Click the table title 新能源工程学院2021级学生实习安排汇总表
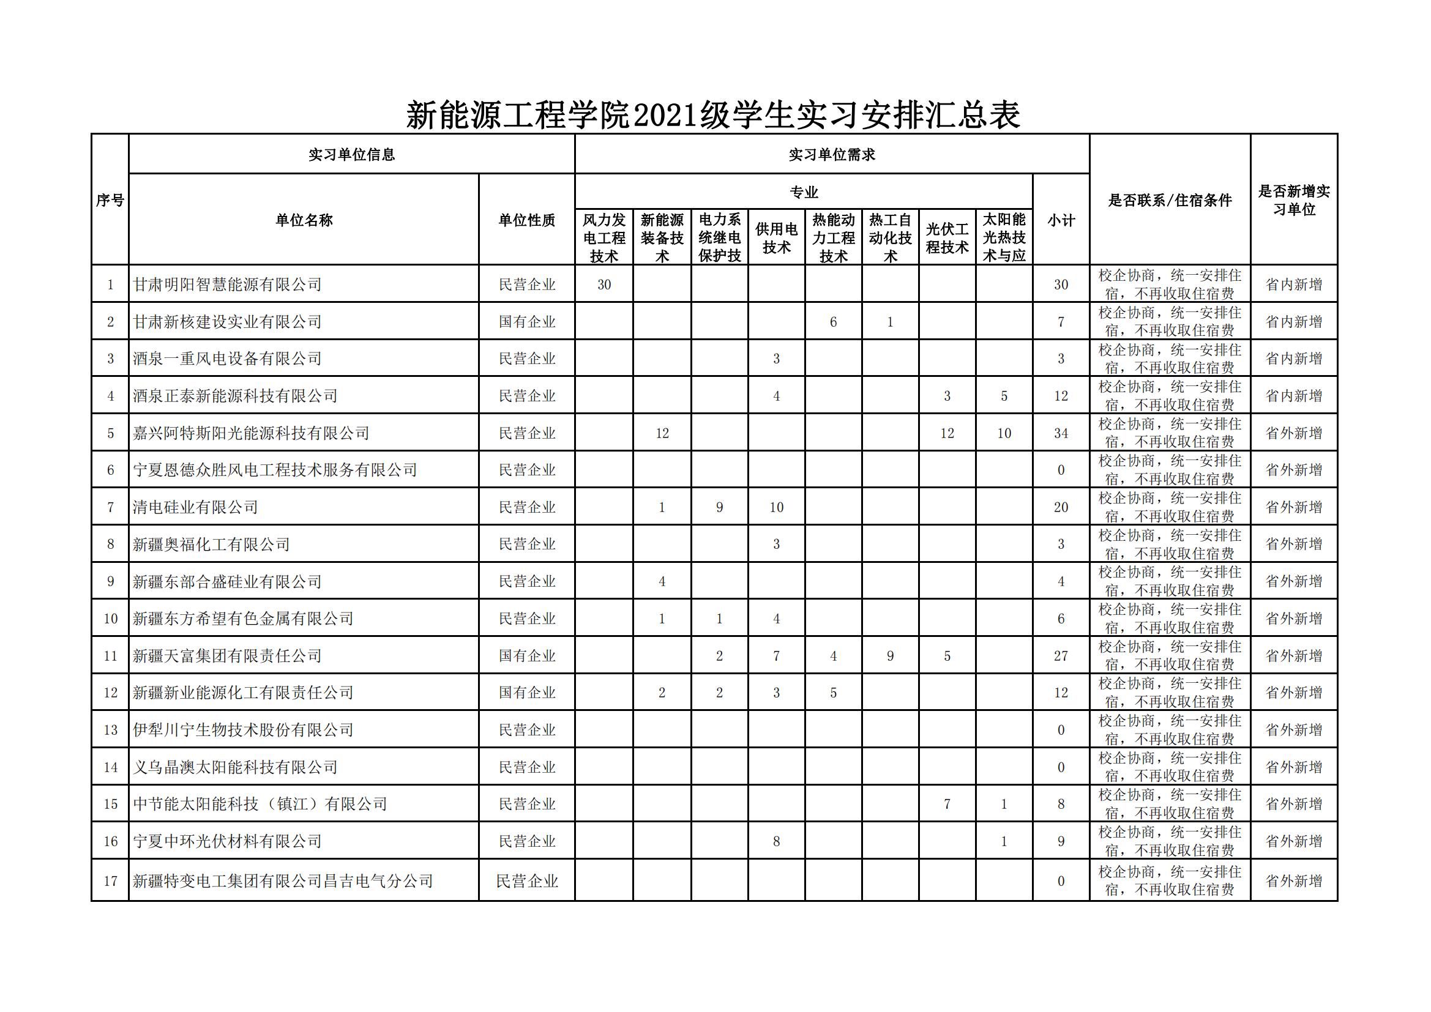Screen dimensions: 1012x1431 point(713,115)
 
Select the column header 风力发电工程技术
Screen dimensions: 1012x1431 point(603,237)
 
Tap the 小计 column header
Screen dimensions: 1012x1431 point(1060,220)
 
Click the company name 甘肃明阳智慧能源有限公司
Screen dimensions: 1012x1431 point(228,285)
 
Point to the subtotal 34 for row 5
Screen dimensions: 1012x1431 point(1060,433)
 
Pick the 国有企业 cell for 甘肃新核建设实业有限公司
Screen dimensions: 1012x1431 point(526,322)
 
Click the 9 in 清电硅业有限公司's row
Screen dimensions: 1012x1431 point(719,507)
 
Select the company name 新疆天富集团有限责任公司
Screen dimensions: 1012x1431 point(228,655)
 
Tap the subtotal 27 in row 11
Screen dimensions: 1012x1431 point(1060,655)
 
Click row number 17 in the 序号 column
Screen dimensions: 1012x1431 point(110,881)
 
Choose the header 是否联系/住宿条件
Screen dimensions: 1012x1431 point(1169,200)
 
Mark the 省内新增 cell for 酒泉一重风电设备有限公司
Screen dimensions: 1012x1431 point(1293,359)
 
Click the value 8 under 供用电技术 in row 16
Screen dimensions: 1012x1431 point(776,841)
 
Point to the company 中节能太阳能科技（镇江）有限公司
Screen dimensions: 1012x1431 point(260,804)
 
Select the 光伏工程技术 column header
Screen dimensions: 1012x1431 point(947,238)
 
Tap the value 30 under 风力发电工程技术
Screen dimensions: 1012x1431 point(603,285)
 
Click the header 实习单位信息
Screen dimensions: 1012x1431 point(351,155)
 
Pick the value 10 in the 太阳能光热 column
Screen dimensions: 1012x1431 point(1003,433)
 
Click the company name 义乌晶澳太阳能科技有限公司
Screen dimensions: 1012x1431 point(236,767)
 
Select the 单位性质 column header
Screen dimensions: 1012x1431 point(526,220)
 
